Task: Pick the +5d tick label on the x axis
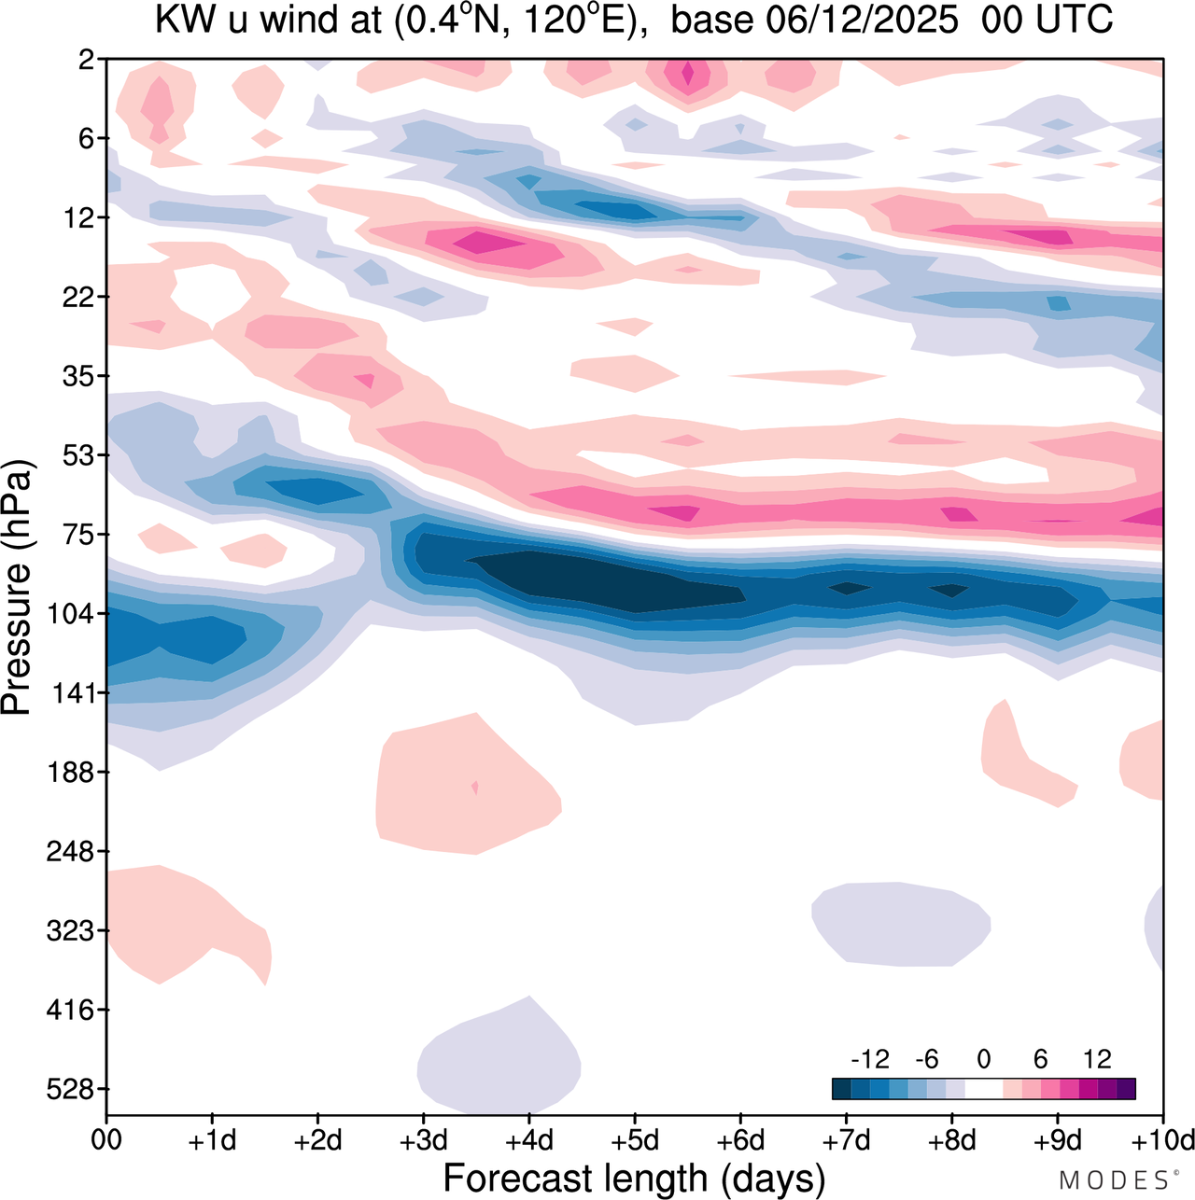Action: (x=635, y=1140)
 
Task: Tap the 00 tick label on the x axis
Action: (x=106, y=1140)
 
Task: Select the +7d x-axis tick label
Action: (x=847, y=1140)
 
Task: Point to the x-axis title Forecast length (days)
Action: (x=634, y=1178)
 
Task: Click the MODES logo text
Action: (x=1113, y=1180)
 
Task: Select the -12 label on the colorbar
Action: (x=869, y=1059)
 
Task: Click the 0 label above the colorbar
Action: (x=984, y=1059)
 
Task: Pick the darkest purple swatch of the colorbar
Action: (x=1126, y=1089)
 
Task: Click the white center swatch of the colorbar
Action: (x=984, y=1089)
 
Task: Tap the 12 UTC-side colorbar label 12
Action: (x=1097, y=1059)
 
